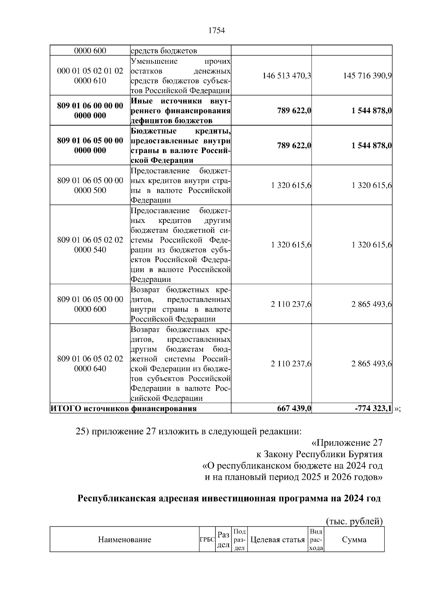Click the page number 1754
[216, 31]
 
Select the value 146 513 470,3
[287, 75]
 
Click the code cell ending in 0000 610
[90, 75]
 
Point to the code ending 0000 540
[90, 245]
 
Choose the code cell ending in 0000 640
[90, 364]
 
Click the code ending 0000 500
[90, 185]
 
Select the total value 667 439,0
[294, 409]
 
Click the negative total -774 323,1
[373, 409]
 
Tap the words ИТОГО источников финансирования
[124, 409]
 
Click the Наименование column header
[124, 539]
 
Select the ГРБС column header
[207, 540]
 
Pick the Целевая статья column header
[277, 539]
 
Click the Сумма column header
[354, 539]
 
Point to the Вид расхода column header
[316, 539]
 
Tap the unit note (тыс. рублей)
[354, 521]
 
